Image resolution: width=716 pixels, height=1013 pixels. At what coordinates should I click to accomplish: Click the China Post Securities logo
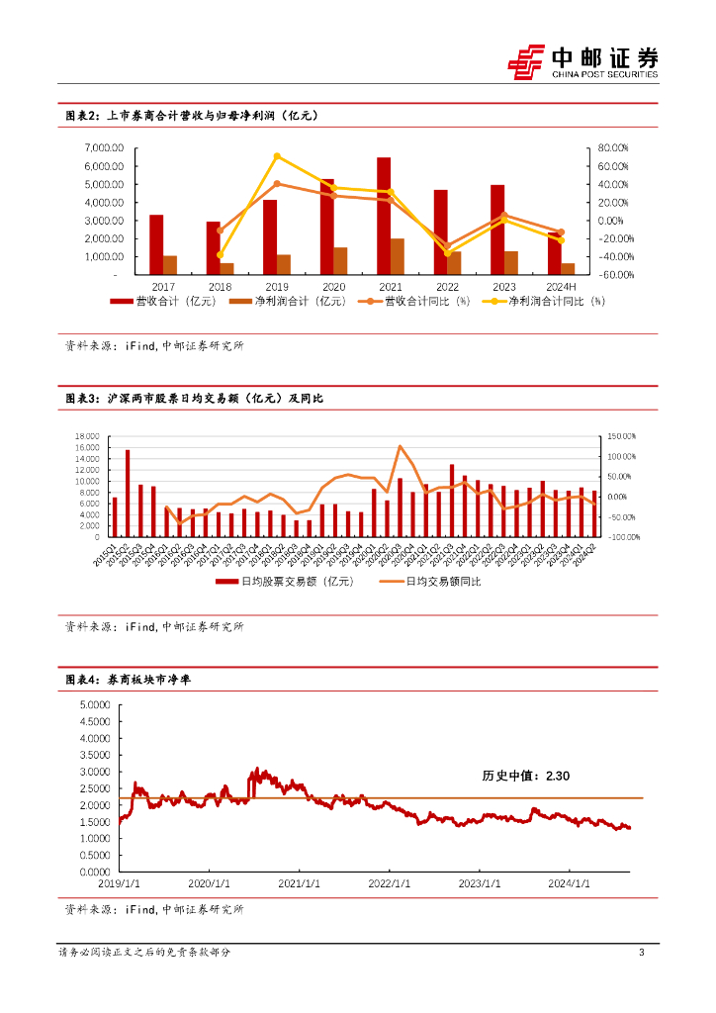[x=582, y=60]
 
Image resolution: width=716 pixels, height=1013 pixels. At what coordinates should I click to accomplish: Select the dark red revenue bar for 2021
[x=384, y=216]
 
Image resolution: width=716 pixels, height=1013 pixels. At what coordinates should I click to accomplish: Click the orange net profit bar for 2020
[x=340, y=261]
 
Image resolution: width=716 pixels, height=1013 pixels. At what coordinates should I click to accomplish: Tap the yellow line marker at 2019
[x=277, y=156]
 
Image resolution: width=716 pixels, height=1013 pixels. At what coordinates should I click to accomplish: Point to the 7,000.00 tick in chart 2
[x=103, y=147]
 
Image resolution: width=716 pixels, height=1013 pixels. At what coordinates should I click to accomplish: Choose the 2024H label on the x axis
[x=561, y=285]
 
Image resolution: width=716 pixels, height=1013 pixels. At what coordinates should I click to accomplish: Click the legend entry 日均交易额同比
[x=435, y=582]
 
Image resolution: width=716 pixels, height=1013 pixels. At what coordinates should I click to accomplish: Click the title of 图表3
[x=194, y=398]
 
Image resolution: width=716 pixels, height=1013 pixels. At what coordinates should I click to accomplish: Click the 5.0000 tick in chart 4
[x=92, y=704]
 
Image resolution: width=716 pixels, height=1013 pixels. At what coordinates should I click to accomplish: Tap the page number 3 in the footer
[x=642, y=953]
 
